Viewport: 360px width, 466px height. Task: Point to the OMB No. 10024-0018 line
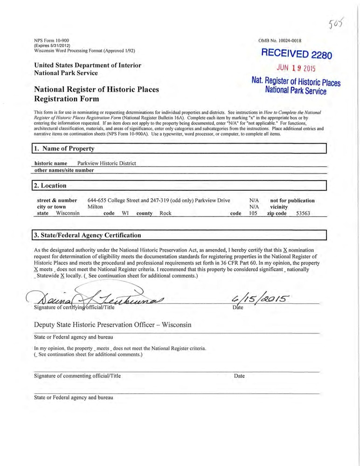click(x=283, y=41)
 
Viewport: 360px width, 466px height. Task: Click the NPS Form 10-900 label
click(x=52, y=41)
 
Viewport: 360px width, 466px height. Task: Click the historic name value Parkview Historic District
click(x=106, y=163)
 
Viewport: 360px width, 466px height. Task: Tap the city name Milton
click(x=95, y=207)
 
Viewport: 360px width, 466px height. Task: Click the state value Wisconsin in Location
click(x=68, y=213)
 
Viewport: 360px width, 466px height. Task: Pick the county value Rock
click(x=166, y=213)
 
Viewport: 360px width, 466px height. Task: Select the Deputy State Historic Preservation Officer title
click(x=112, y=325)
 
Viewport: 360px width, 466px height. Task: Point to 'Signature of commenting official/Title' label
click(x=77, y=376)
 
